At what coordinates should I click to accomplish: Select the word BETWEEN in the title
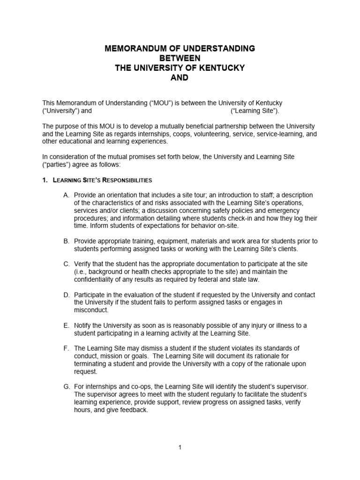[180, 58]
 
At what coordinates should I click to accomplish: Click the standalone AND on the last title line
[180, 78]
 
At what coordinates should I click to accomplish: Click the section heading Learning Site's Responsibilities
[103, 180]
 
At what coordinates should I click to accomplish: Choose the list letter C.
[67, 264]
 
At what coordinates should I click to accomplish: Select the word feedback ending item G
[134, 410]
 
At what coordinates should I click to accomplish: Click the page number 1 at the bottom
[180, 448]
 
